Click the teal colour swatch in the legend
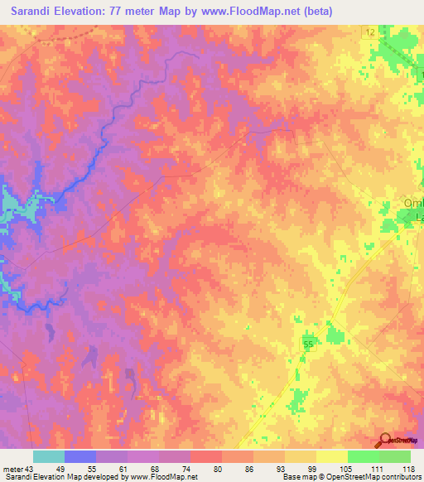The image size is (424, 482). coord(49,456)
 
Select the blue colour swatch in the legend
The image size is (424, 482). coord(80,456)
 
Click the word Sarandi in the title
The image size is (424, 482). coord(34,11)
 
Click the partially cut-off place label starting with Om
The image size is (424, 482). coord(412,204)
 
